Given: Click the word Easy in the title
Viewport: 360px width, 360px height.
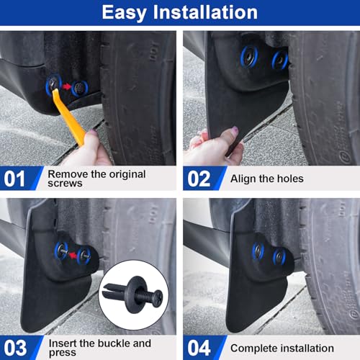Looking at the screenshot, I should pos(127,12).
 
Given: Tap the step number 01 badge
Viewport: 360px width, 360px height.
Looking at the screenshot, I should pos(15,178).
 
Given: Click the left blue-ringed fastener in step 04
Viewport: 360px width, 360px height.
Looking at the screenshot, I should pos(258,250).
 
